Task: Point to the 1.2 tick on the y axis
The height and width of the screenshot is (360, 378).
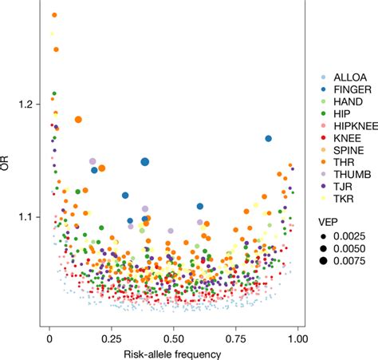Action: point(26,105)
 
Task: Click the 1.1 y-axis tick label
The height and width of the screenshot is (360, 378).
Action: point(26,216)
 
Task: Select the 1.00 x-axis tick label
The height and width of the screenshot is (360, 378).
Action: point(297,338)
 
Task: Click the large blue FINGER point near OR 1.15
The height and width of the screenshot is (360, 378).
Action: point(145,162)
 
